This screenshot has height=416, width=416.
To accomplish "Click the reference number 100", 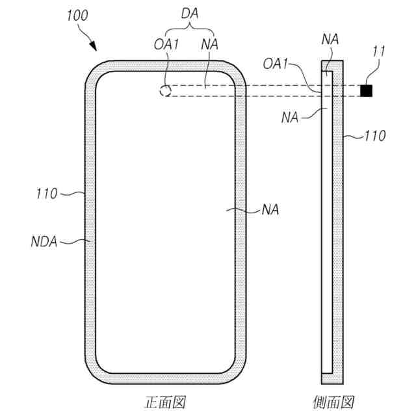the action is coord(77,16).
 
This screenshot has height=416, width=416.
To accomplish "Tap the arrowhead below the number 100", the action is coord(93,46).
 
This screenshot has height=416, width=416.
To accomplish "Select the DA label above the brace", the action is coord(190,14).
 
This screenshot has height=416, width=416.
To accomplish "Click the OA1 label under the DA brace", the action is coord(166,44).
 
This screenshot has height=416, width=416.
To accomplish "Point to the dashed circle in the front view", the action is coord(165,91).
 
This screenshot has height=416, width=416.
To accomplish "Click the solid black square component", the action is coord(366,91).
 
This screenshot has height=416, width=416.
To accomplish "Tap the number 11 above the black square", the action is coord(379,51).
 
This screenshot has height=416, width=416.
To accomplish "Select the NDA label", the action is coord(44,242).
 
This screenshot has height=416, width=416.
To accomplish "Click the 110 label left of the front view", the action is coord(47,194).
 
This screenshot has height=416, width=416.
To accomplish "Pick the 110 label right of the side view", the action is coord(375,136).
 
